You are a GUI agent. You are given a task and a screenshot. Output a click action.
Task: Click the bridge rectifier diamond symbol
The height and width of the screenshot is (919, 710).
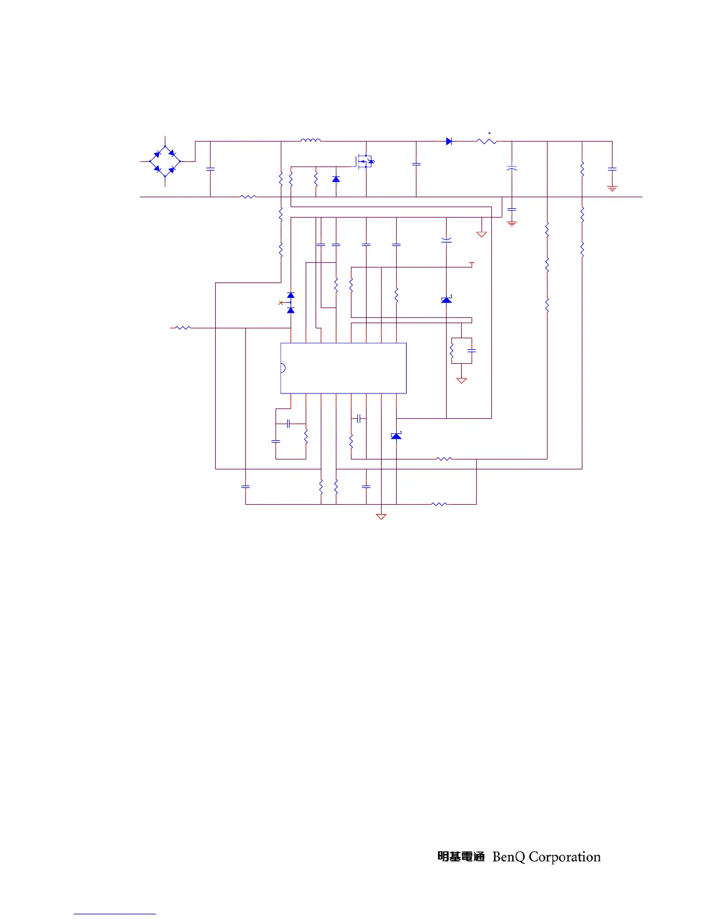[165, 161]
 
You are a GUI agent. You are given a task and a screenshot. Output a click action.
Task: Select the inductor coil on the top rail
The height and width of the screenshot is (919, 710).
[310, 140]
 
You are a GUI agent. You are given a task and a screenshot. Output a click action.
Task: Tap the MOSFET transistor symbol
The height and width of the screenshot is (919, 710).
[365, 161]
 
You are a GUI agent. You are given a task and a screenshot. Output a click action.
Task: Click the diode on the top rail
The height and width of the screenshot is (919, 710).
[448, 141]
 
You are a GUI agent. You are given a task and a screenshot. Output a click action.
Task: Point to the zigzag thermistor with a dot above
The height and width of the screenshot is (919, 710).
[487, 141]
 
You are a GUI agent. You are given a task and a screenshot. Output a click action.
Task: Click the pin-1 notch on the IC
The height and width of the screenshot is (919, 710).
[283, 368]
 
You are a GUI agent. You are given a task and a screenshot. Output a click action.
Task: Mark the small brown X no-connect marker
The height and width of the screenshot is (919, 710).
[281, 303]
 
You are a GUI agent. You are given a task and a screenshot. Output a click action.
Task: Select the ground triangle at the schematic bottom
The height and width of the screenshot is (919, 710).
[381, 516]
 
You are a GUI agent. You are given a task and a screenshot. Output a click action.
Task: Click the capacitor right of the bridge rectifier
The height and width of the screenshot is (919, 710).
[211, 169]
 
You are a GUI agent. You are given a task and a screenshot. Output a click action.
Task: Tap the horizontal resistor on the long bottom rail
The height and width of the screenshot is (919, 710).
[248, 197]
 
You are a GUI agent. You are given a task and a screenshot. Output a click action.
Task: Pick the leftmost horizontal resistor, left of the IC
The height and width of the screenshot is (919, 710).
[182, 328]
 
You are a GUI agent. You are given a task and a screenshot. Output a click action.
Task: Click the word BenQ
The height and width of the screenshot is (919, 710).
[509, 857]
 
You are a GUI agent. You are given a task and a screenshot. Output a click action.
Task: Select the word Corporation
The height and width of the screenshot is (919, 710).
[564, 857]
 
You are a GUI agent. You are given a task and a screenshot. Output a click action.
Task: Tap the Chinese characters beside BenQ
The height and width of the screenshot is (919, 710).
[461, 857]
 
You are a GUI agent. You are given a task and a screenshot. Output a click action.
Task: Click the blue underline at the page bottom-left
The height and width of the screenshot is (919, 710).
[115, 914]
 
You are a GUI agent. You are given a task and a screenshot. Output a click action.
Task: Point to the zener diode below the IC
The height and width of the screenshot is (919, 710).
[396, 436]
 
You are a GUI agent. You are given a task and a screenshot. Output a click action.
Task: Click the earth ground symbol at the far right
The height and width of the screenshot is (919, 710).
[612, 188]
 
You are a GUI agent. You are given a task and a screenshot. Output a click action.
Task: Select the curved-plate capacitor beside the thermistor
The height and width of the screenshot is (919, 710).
[512, 168]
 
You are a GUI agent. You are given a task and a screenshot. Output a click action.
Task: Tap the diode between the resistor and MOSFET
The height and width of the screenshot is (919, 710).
[336, 179]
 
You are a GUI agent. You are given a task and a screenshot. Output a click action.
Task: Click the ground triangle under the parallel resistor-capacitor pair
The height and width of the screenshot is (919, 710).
[462, 381]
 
